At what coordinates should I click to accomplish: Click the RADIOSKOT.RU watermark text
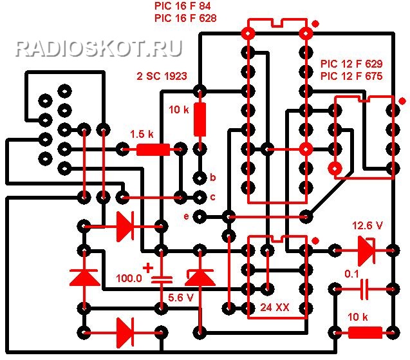coord(99,48)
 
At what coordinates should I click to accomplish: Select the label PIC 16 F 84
coord(183,6)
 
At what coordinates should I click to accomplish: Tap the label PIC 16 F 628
coord(185,18)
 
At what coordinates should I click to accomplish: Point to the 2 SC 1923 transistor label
coord(162,76)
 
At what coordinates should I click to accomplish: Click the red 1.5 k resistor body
coord(153,149)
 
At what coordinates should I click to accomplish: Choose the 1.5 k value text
coord(142,134)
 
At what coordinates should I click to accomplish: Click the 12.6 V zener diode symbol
coord(366,251)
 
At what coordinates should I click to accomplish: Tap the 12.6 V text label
coord(368,225)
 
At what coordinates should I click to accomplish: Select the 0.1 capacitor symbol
coord(364,289)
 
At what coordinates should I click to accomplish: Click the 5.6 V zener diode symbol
coord(200,278)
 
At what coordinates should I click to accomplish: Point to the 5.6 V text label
coord(181,298)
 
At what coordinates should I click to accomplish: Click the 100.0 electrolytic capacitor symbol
coord(162,279)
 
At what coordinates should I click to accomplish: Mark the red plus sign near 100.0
coord(148,268)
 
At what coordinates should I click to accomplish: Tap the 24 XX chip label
coord(275,307)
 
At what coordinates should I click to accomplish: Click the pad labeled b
coord(200,178)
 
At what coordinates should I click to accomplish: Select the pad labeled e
coord(200,216)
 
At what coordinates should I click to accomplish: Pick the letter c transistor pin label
coord(213,197)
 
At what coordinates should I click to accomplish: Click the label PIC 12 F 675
coord(351,76)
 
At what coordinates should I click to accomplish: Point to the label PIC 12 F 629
coord(351,64)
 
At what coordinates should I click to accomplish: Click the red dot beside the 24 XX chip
coord(316,241)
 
